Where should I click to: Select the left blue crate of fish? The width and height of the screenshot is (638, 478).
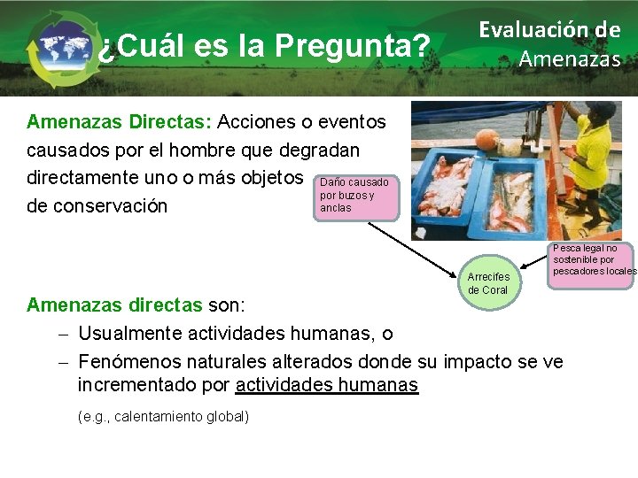[x=449, y=191]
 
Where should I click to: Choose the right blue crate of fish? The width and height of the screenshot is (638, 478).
[x=519, y=198]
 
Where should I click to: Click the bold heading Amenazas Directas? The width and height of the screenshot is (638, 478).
[x=119, y=120]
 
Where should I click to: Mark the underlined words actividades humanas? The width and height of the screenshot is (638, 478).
[x=326, y=385]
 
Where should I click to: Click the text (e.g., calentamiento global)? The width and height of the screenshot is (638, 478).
[x=163, y=416]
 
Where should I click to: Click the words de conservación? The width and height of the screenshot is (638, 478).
[x=97, y=206]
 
